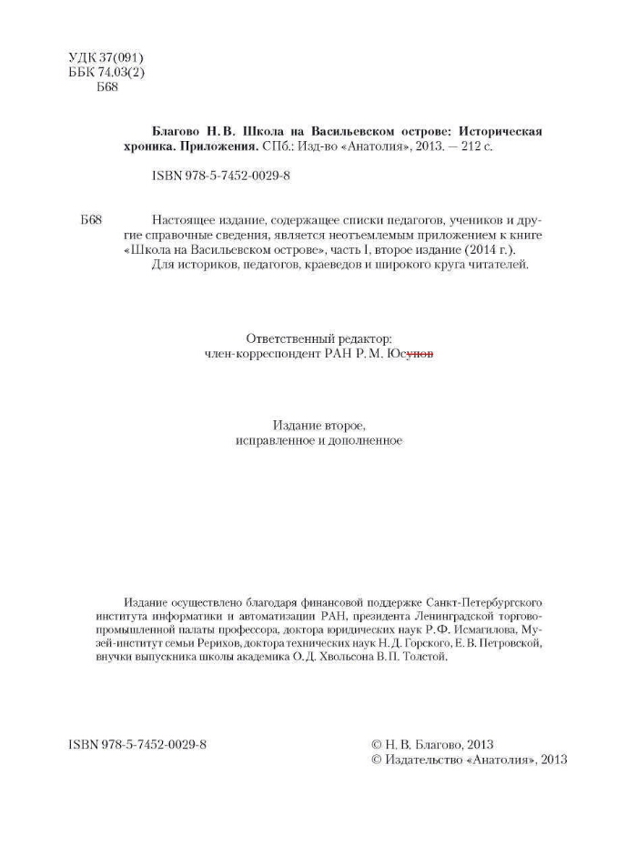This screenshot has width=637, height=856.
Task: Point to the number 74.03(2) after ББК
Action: point(121,73)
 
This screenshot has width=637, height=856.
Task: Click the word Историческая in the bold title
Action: point(500,131)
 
